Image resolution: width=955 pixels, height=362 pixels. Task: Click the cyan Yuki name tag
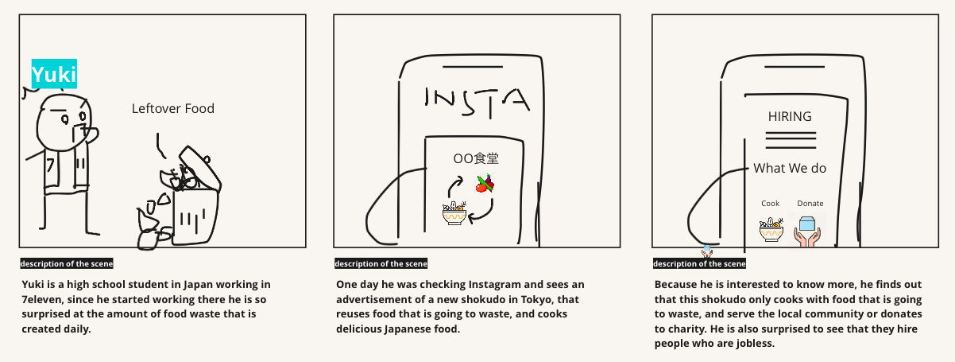pos(54,74)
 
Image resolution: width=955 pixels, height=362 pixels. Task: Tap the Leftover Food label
pos(173,108)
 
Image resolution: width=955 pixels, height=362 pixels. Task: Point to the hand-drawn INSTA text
pos(477,103)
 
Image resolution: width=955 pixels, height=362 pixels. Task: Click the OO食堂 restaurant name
pos(476,158)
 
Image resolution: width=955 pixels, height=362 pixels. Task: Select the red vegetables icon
pos(485,184)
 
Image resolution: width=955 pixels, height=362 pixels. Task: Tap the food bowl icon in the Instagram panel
pos(454,213)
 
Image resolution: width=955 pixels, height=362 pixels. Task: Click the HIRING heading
pos(790,116)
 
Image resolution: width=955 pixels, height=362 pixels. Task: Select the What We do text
pos(790,168)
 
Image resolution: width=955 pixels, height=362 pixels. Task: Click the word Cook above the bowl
pos(770,204)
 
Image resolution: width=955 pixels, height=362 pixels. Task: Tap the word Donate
pos(810,204)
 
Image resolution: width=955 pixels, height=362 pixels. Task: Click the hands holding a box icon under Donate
pos(807,232)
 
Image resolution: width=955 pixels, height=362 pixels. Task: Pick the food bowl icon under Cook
pos(771,229)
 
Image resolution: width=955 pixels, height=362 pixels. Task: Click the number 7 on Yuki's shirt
pos(50,165)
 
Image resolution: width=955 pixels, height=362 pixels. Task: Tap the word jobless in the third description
pos(756,343)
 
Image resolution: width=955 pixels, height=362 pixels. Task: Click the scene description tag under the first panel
pos(67,263)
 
